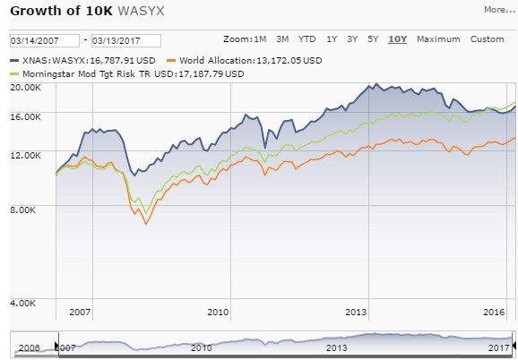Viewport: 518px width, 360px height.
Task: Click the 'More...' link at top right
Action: (498, 11)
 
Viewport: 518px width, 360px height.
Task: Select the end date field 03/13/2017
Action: (125, 41)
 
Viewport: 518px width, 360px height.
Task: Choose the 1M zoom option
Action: (261, 39)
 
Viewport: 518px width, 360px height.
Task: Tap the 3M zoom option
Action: (282, 39)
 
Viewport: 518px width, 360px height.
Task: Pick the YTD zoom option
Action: (306, 39)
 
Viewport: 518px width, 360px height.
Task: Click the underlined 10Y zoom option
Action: (398, 39)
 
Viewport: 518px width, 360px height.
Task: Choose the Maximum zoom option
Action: (437, 39)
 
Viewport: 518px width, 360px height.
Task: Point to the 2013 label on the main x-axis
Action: (357, 313)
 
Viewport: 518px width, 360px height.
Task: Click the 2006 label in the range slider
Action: (30, 347)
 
